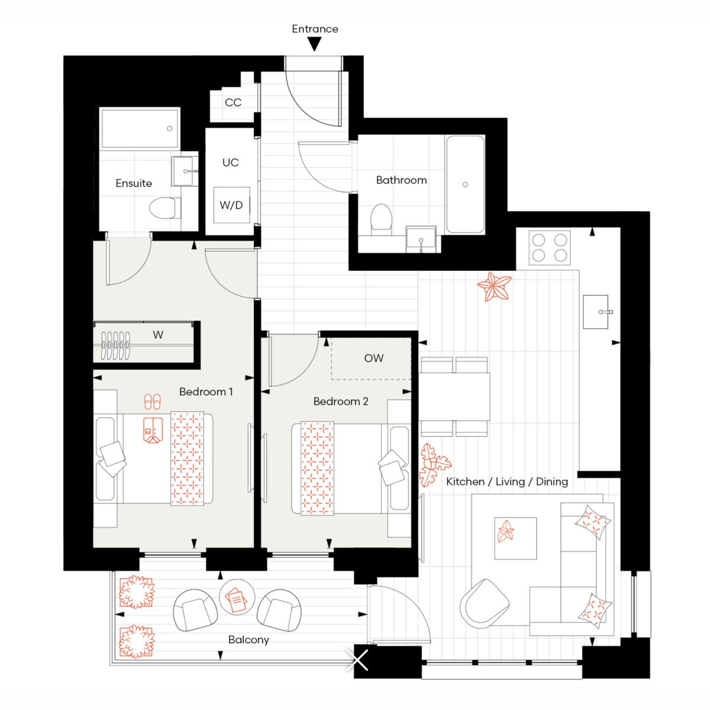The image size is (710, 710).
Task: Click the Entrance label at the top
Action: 315,29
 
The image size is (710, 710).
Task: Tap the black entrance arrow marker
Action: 314,45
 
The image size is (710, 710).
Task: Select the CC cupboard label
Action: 233,102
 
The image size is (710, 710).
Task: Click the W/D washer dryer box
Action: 232,205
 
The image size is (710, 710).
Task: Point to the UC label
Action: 230,163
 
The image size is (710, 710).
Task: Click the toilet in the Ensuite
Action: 164,208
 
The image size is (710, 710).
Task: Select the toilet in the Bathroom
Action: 381,220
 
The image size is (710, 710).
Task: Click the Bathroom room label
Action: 401,180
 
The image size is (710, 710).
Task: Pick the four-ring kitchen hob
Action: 549,247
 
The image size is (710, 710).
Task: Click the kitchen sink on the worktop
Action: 595,312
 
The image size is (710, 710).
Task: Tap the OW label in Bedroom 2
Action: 373,358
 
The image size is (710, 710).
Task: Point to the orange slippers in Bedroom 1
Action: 152,402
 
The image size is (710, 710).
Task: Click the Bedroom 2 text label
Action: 341,401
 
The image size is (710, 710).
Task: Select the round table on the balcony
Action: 237,596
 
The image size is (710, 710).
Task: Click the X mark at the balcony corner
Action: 357,660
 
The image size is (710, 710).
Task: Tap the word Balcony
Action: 248,640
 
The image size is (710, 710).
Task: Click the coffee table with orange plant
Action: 515,538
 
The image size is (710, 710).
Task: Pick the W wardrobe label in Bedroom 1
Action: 158,335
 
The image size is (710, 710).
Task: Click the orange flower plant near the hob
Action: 494,286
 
